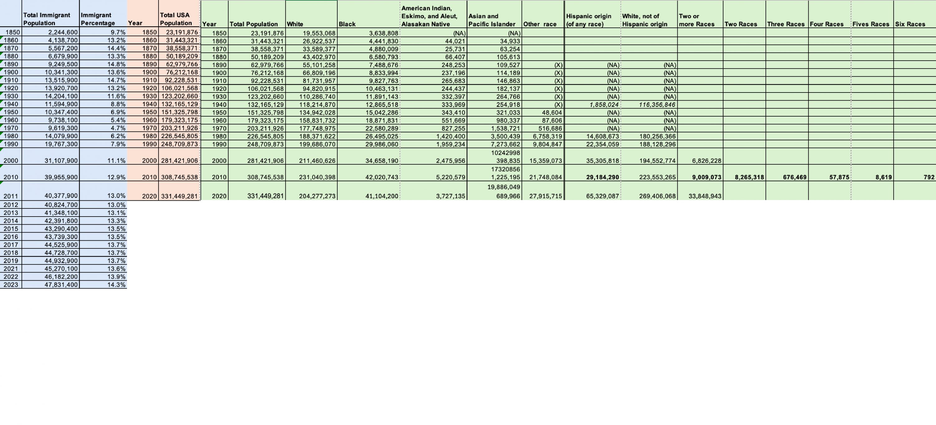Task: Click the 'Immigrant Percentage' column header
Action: tap(98, 19)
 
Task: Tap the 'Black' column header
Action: tap(347, 24)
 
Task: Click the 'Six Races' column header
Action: tap(910, 24)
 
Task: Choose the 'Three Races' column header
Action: tap(786, 24)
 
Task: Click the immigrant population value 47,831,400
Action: tap(61, 285)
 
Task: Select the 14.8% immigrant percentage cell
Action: tap(116, 64)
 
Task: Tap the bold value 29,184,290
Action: tap(602, 177)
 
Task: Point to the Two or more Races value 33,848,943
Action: tap(704, 196)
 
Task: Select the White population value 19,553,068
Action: tap(319, 33)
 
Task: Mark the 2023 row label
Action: tap(11, 285)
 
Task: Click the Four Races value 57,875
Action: tap(839, 177)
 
